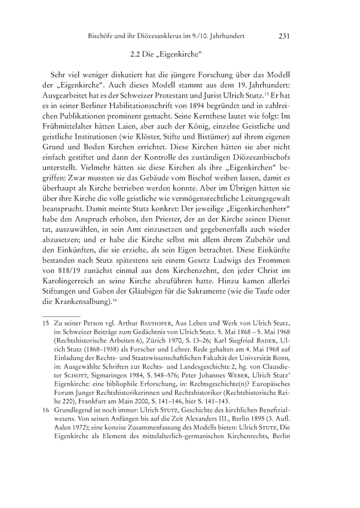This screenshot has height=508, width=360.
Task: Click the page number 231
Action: (285, 36)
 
